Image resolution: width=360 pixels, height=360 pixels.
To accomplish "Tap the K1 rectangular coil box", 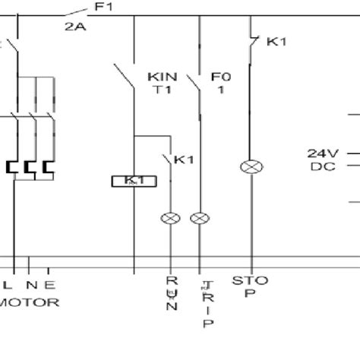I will tap(134, 181).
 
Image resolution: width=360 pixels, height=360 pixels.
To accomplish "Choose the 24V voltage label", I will tap(322, 152).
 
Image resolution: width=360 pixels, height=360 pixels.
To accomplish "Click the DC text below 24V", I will tap(321, 166).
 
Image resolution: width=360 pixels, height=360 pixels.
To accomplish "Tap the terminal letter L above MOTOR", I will tap(8, 286).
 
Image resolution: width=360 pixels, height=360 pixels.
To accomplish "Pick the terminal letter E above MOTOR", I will tap(49, 286).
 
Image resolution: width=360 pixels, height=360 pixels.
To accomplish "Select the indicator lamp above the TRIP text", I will tap(200, 219).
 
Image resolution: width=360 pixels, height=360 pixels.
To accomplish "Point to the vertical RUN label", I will tap(172, 295).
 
